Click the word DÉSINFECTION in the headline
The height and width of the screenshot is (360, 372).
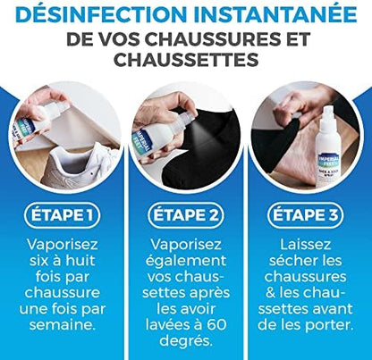pos(101,14)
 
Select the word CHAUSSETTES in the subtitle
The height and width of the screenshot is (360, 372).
pos(186,59)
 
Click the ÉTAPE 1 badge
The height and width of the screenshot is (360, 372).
pos(62,215)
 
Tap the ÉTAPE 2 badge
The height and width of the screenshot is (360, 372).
pos(186,215)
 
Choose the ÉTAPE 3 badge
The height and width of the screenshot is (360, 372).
pos(306,215)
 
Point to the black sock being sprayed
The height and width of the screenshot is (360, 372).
pos(203,149)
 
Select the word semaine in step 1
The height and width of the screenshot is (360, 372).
pos(62,324)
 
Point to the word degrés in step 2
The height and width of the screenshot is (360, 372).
pos(186,341)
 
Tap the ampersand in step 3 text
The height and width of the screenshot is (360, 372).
pos(271,293)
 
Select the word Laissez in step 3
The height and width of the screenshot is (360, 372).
pos(306,245)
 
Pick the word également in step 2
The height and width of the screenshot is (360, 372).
pos(186,262)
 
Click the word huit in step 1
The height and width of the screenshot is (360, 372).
pos(80,261)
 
